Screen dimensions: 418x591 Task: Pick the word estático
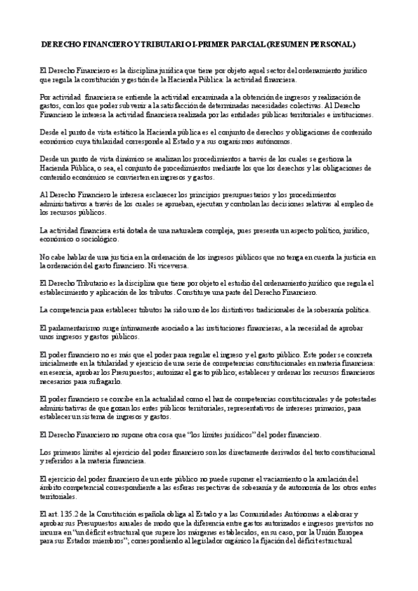click(124, 131)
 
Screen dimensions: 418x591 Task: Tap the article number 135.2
click(69, 514)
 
